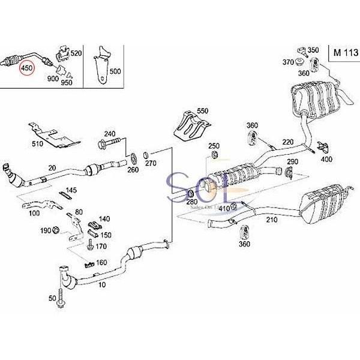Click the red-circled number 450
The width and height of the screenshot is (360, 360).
click(x=27, y=69)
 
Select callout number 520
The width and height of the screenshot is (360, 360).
click(x=76, y=53)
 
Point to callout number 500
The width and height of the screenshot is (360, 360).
click(x=115, y=70)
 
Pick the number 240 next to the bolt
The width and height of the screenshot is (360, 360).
click(x=109, y=133)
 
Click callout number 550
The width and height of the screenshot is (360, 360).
click(x=202, y=111)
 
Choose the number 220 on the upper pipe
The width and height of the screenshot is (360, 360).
click(x=288, y=142)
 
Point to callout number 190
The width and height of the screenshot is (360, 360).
click(x=45, y=230)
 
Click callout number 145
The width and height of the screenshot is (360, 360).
click(x=71, y=190)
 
